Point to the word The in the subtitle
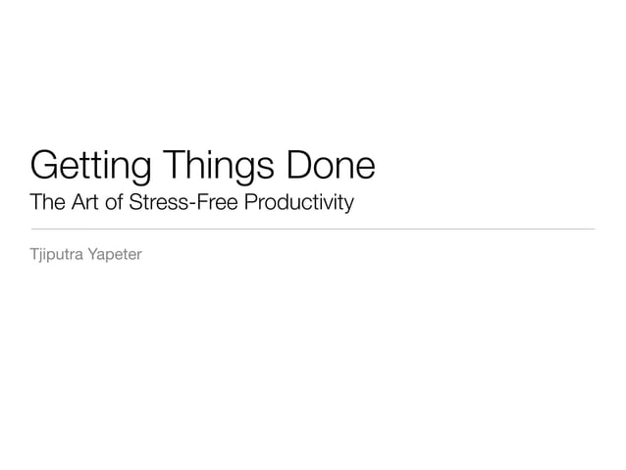(46, 203)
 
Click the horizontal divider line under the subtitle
(313, 229)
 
